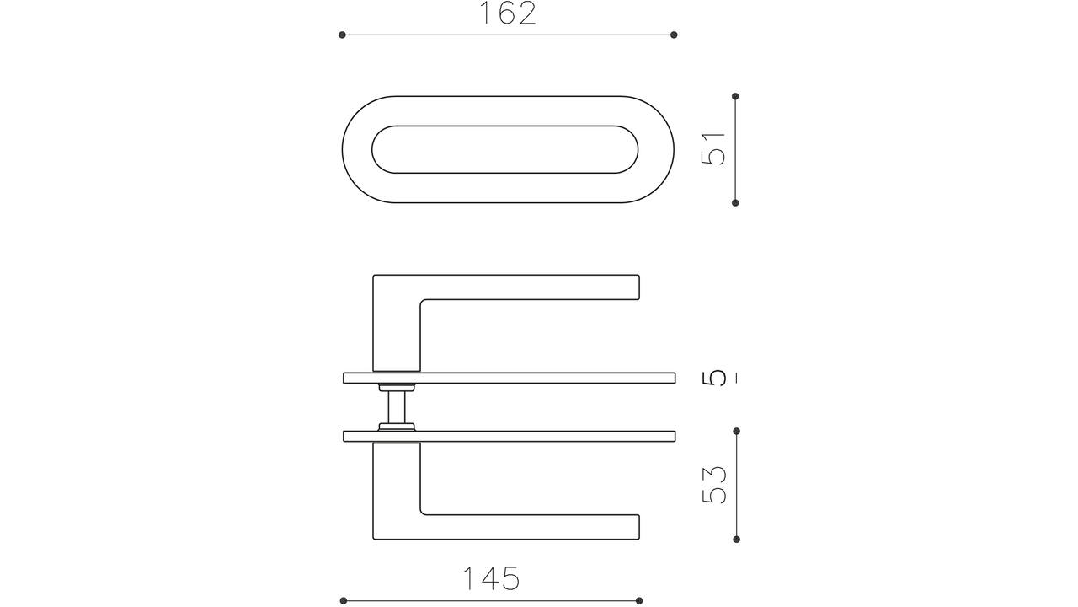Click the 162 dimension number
tap(508, 13)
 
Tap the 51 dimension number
tap(713, 149)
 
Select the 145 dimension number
tap(491, 578)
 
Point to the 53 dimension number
tap(713, 485)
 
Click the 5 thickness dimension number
tap(713, 377)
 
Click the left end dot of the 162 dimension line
tap(342, 35)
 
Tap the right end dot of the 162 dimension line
tap(674, 35)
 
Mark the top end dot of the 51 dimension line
tap(735, 96)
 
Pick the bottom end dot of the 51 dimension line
tap(735, 203)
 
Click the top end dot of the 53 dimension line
tap(736, 431)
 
